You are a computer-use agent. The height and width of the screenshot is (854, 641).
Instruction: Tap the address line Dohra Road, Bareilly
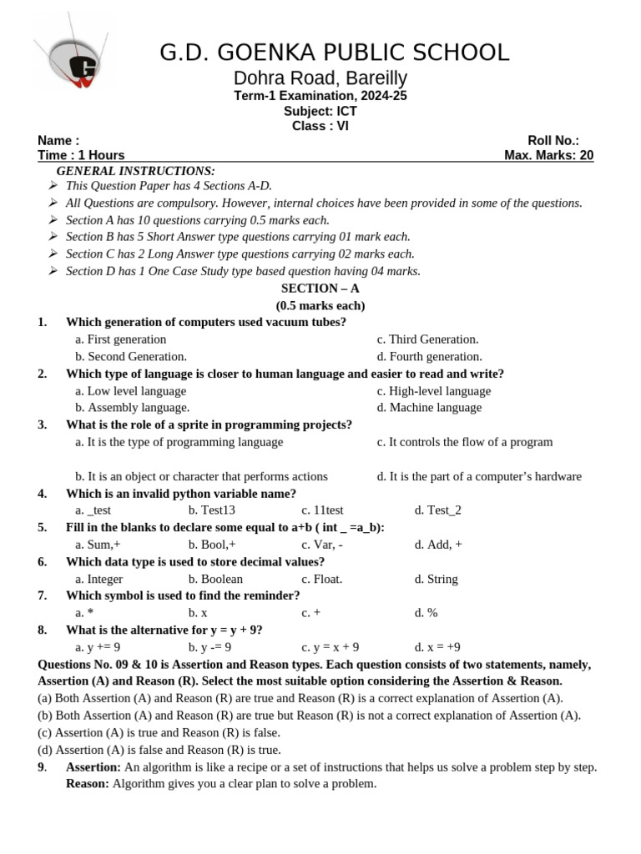(x=320, y=78)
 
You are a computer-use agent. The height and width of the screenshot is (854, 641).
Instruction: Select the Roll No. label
(x=553, y=140)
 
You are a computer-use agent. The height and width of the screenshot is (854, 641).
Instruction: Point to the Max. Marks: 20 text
(x=548, y=155)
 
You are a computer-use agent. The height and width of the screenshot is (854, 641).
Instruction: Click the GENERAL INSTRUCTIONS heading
(x=135, y=171)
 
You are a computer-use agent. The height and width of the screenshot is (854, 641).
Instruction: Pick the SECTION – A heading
(x=320, y=289)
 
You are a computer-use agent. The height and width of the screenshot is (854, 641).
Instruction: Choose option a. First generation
(x=120, y=339)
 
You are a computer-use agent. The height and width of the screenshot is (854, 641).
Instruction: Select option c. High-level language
(x=433, y=390)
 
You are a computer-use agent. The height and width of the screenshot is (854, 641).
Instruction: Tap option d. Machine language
(x=429, y=407)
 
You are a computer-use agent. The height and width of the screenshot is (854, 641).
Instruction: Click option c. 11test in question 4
(x=322, y=510)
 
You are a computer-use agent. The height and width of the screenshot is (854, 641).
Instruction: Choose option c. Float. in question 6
(x=321, y=579)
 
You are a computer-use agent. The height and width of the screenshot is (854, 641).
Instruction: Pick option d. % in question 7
(x=426, y=613)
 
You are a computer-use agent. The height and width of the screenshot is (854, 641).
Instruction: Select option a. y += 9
(x=98, y=647)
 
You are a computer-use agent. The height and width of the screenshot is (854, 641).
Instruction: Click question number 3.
(x=42, y=424)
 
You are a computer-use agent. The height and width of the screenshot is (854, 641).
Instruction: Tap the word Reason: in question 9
(x=88, y=784)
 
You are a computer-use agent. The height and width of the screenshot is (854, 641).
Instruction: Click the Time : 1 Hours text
(x=81, y=155)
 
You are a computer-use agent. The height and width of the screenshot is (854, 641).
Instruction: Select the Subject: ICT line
(x=320, y=111)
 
